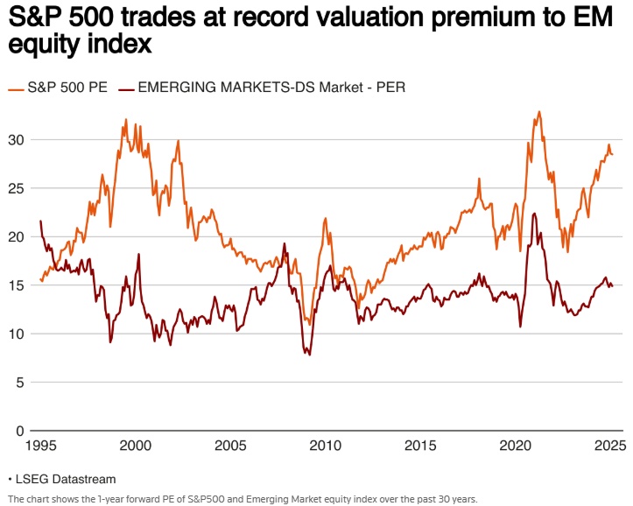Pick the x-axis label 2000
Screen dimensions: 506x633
[137, 445]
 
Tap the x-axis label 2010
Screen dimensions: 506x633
[325, 445]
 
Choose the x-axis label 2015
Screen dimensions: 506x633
[418, 445]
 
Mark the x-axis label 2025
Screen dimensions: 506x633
[608, 445]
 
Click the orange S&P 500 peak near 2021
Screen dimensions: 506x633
[539, 112]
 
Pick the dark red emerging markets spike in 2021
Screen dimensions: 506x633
[534, 214]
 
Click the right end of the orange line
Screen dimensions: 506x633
[612, 154]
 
